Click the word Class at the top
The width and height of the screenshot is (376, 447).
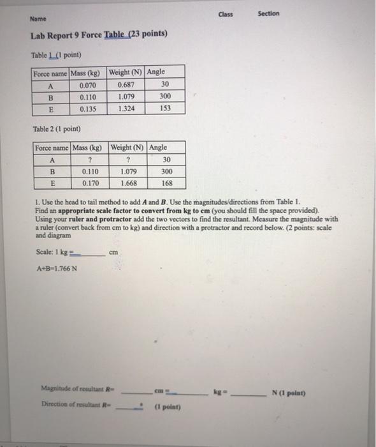click(226, 13)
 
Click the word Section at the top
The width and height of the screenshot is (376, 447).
click(268, 13)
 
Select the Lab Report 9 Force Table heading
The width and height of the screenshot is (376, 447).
click(99, 34)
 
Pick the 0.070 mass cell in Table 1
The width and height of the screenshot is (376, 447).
click(88, 84)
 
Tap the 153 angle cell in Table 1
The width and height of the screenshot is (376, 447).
click(166, 109)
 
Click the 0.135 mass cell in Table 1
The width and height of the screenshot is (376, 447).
click(88, 109)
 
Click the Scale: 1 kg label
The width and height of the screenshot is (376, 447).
click(54, 252)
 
